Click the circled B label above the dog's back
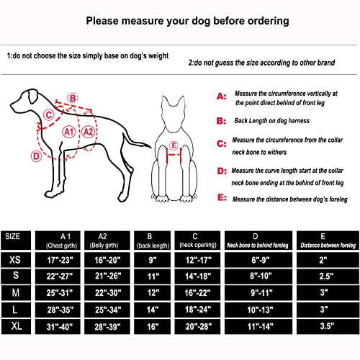click(73, 98)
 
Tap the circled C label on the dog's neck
click(49, 114)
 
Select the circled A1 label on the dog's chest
click(69, 132)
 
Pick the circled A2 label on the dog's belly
click(89, 132)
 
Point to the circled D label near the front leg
click(36, 156)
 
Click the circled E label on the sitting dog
click(174, 145)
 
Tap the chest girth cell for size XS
click(58, 260)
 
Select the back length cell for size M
click(152, 293)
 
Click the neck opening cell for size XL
click(197, 326)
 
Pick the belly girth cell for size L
click(107, 310)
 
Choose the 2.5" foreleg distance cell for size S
click(328, 276)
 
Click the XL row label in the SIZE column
click(16, 326)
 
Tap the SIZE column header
click(16, 240)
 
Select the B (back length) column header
click(152, 240)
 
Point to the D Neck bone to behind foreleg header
click(258, 240)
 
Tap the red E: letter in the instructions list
click(222, 197)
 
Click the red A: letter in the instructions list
click(222, 96)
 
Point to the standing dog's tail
click(136, 142)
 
